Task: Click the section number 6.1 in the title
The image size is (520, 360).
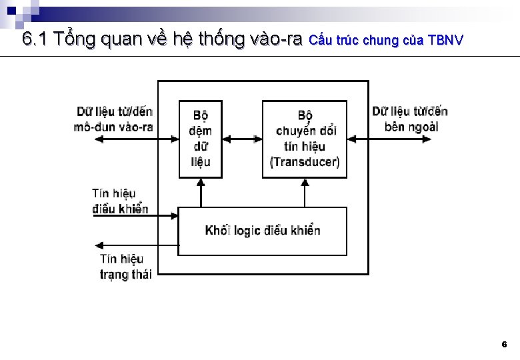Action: pyautogui.click(x=35, y=39)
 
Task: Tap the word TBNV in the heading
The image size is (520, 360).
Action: pyautogui.click(x=445, y=41)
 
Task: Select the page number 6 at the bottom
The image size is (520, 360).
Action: pyautogui.click(x=504, y=345)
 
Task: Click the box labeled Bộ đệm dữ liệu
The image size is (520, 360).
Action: pyautogui.click(x=201, y=139)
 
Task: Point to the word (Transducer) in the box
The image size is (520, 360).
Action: pyautogui.click(x=305, y=162)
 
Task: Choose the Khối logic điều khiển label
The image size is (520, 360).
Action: pyautogui.click(x=263, y=231)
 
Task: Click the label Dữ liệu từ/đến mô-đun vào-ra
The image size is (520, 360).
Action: pyautogui.click(x=114, y=119)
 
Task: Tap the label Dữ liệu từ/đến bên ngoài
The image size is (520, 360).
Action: pyautogui.click(x=410, y=119)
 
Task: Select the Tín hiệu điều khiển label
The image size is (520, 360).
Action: pyautogui.click(x=119, y=201)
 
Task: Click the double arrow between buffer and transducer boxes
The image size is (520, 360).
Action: pyautogui.click(x=242, y=139)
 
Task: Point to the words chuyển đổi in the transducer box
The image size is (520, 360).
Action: pyautogui.click(x=305, y=130)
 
